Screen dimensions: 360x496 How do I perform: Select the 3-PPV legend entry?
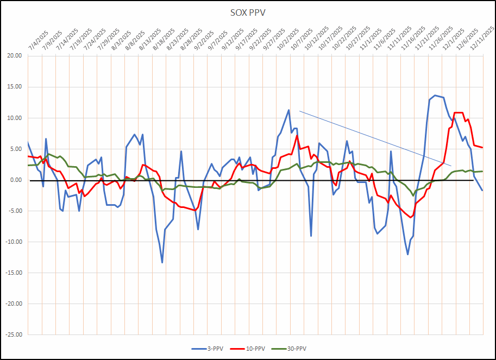(208, 348)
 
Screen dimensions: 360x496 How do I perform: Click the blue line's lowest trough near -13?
(162, 263)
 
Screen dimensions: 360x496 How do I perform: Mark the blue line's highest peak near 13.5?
(435, 96)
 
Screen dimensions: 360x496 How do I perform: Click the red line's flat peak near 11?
(459, 112)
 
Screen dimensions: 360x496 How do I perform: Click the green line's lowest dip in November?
(413, 195)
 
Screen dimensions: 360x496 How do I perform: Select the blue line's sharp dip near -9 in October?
(311, 236)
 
